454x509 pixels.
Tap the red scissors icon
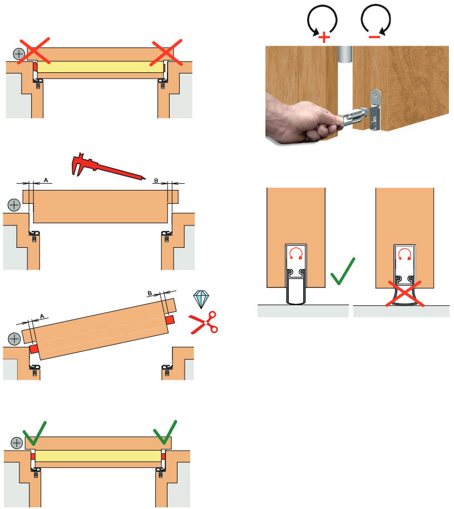[204, 322]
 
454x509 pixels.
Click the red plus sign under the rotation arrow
[324, 38]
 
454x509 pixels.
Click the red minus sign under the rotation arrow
[374, 37]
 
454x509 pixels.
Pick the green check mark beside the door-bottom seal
[343, 271]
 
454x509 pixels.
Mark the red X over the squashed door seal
[404, 294]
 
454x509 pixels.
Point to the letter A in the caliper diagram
[46, 180]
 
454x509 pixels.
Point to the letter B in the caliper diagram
[156, 180]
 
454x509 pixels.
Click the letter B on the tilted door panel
[150, 293]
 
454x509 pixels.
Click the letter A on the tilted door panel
[42, 316]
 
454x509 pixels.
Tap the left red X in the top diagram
[34, 51]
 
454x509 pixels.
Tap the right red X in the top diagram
[166, 52]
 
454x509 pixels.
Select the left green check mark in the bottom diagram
[34, 433]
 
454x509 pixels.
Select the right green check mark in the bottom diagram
[165, 432]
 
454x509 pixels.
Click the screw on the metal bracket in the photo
[375, 94]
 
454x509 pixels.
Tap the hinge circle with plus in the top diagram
[19, 54]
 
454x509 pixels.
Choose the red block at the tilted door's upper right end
[170, 320]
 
